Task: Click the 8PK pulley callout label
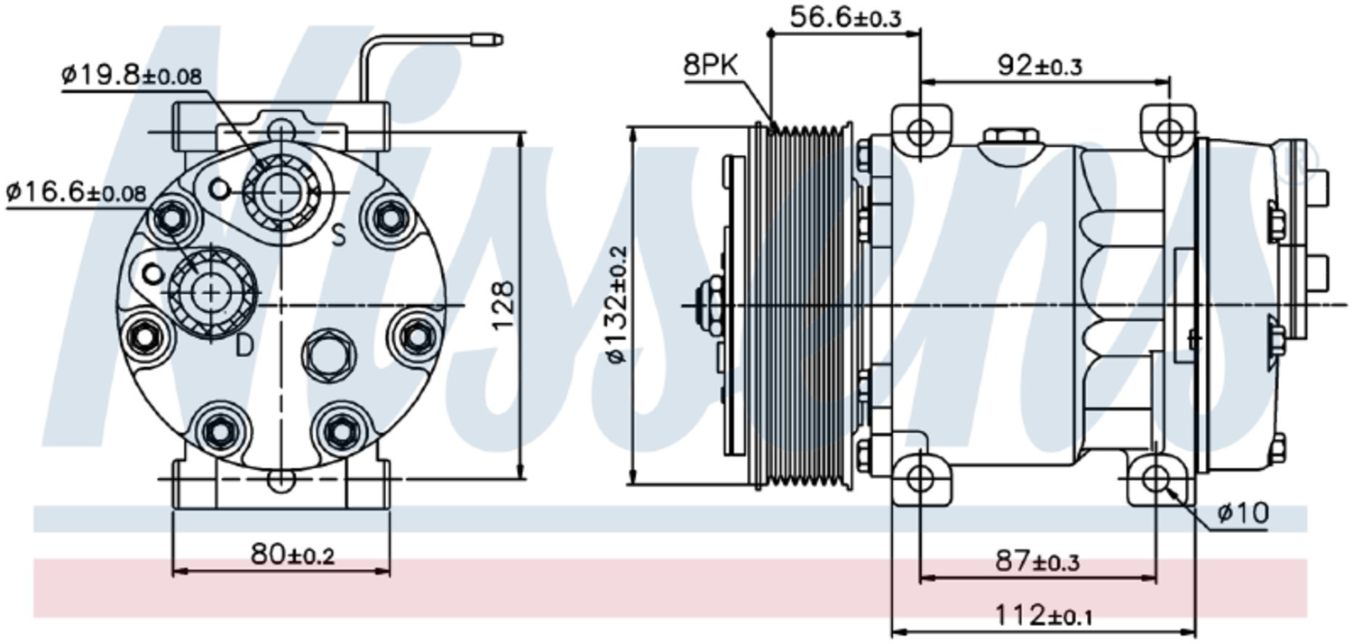tap(711, 65)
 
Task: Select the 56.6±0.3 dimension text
tap(846, 17)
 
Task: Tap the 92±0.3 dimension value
tap(1039, 66)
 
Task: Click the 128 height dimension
tap(502, 305)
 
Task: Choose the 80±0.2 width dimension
tap(292, 554)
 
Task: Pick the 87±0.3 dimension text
tap(1037, 561)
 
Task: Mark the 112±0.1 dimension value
tap(1043, 615)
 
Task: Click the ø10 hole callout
tap(1243, 513)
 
